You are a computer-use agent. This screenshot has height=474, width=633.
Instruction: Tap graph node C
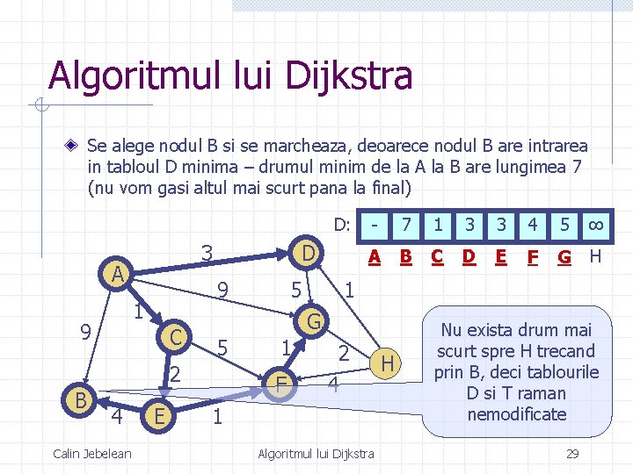point(177,336)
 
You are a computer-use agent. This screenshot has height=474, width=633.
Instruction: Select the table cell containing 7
point(406,225)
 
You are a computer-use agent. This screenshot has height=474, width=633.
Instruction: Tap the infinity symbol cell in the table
point(594,225)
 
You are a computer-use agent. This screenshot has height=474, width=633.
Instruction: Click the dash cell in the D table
point(375,225)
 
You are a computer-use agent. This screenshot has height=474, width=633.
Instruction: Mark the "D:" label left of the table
point(342,225)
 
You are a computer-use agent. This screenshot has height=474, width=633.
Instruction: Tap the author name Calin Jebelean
point(92,453)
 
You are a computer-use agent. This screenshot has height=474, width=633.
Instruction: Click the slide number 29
point(572,453)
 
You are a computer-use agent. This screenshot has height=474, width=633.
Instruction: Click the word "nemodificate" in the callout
point(517,413)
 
